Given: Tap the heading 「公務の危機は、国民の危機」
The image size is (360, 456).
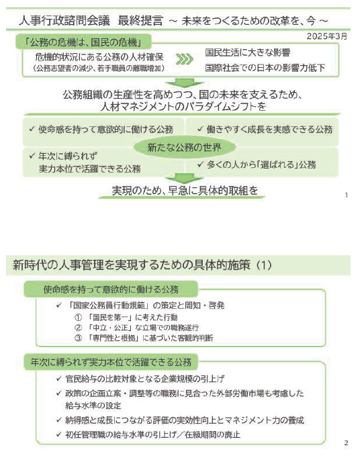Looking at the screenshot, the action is click(85, 42).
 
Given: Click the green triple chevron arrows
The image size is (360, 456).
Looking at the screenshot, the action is click(183, 58).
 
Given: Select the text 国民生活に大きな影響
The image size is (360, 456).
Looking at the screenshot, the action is click(248, 52).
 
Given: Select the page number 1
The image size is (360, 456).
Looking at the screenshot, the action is click(345, 195).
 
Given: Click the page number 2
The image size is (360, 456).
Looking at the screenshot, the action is click(345, 443).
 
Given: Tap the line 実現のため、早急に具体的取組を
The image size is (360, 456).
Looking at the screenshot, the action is click(179, 190).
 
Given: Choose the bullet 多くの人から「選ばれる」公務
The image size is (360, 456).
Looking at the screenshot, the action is click(256, 164).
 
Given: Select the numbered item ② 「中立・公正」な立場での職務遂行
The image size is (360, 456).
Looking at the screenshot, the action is click(139, 327).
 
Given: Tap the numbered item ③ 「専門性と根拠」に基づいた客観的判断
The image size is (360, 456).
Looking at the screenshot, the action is click(144, 338).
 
